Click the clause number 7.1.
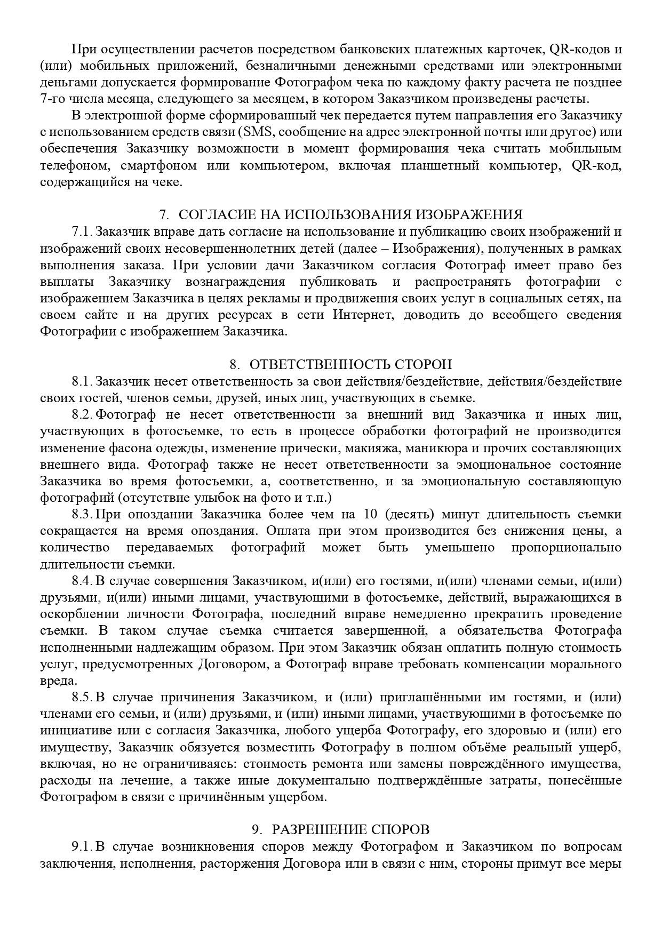82,231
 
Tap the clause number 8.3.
82,515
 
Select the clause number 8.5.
82,697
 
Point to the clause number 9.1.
82,846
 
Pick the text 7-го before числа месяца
52,99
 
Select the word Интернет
363,315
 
